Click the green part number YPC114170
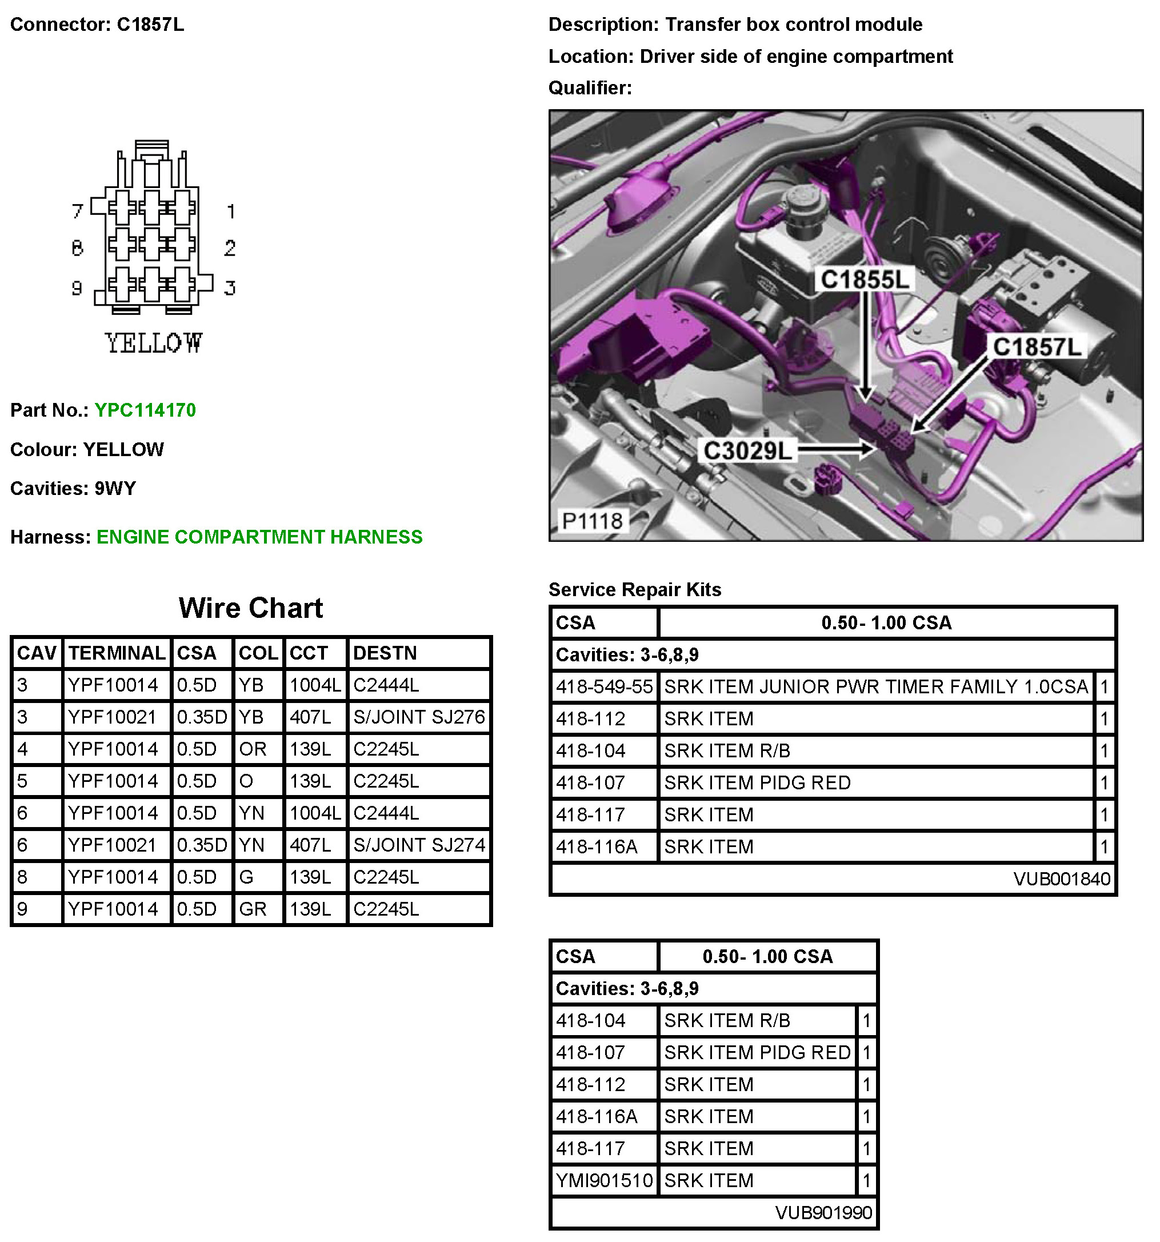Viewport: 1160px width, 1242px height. click(145, 410)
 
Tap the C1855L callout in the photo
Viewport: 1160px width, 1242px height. click(865, 279)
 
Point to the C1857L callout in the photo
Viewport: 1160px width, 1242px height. click(1037, 347)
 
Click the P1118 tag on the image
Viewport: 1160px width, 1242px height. click(591, 521)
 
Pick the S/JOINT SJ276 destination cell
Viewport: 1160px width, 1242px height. click(418, 717)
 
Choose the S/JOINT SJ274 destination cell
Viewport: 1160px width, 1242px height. click(418, 845)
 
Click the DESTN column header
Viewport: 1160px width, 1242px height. click(385, 653)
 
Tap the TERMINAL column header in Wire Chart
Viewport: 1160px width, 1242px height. click(117, 653)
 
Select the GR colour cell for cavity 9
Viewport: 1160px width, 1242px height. click(253, 909)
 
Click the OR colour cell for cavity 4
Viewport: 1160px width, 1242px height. click(253, 749)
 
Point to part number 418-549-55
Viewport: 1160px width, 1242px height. click(604, 687)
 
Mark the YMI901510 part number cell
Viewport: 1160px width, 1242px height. click(604, 1181)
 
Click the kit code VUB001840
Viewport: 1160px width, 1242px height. click(1061, 879)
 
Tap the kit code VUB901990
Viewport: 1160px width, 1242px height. click(823, 1213)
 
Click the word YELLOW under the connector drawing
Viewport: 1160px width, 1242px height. click(154, 343)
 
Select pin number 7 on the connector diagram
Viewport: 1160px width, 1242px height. click(78, 211)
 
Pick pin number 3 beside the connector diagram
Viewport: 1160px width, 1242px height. click(230, 288)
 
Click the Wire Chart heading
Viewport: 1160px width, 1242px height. click(250, 608)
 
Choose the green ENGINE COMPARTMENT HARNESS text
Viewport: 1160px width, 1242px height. click(259, 537)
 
